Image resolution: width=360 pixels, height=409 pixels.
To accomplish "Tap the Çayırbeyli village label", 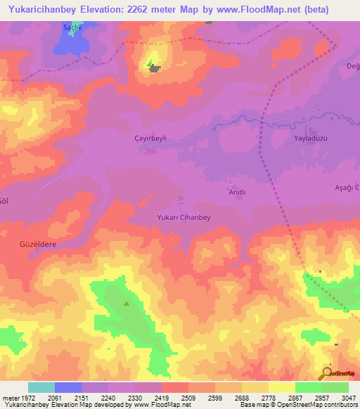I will coord(150,138).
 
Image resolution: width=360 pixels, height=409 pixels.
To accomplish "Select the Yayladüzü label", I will coord(311,138).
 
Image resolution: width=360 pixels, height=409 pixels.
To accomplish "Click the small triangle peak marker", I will coord(127,304).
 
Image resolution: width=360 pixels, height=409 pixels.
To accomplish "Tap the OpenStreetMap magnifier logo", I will coord(326,374).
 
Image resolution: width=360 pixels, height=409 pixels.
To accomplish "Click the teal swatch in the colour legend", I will coord(41,387).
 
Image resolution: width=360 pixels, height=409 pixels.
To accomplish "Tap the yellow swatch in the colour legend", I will coord(281,387).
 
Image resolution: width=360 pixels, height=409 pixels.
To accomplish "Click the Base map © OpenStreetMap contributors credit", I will coord(297,405).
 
